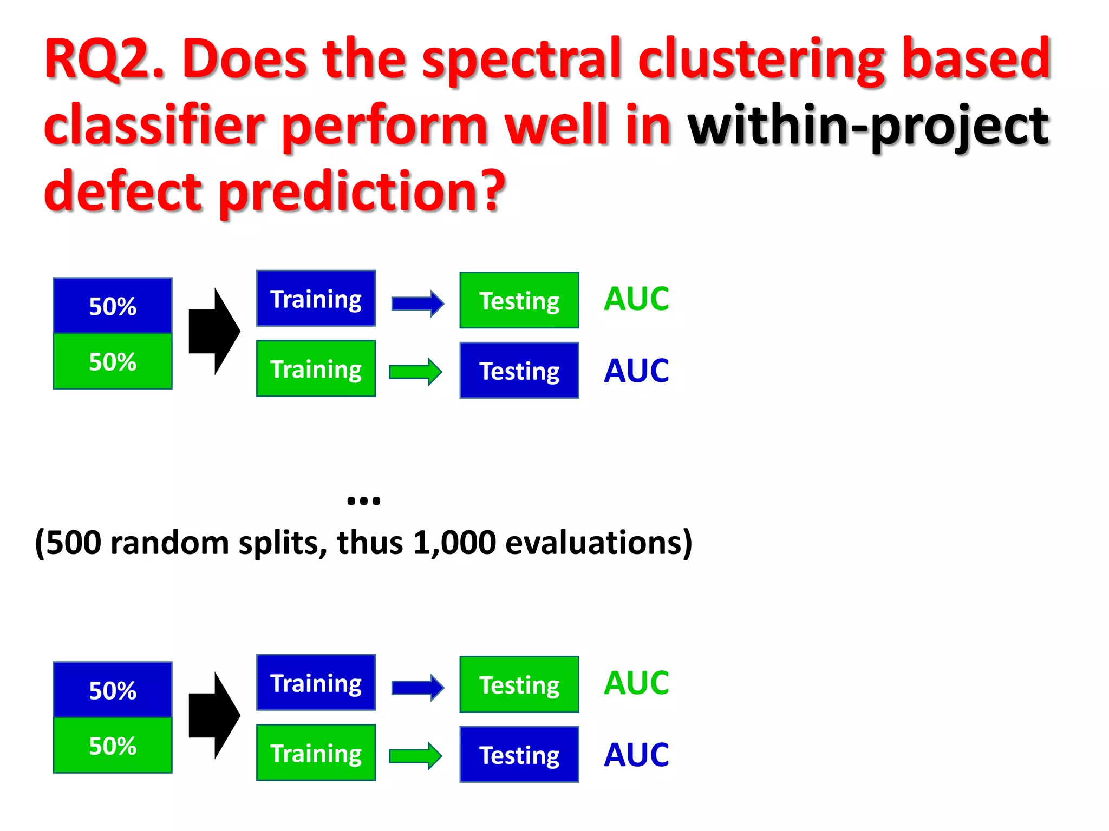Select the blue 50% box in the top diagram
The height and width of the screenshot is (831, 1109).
pyautogui.click(x=113, y=306)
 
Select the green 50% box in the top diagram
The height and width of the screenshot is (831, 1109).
pyautogui.click(x=113, y=361)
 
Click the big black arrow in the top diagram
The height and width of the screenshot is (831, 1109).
pyautogui.click(x=214, y=331)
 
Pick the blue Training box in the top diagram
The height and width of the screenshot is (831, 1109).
pyautogui.click(x=316, y=299)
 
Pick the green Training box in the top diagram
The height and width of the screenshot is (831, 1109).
pyautogui.click(x=316, y=369)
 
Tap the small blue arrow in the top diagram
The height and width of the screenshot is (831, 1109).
pyautogui.click(x=417, y=304)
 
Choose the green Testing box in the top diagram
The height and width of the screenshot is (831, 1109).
pyautogui.click(x=519, y=301)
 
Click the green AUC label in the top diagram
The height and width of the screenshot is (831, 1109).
pyautogui.click(x=636, y=299)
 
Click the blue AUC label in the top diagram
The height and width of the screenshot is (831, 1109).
pyautogui.click(x=636, y=371)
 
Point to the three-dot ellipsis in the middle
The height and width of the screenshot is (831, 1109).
pyautogui.click(x=363, y=500)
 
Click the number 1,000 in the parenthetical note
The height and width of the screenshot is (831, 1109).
pyautogui.click(x=454, y=543)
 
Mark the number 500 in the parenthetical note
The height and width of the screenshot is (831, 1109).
pyautogui.click(x=74, y=543)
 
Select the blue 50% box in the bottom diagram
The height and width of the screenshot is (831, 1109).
pyautogui.click(x=113, y=690)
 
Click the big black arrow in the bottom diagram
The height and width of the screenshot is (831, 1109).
pyautogui.click(x=214, y=715)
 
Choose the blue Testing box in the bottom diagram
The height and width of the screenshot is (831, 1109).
pyautogui.click(x=519, y=755)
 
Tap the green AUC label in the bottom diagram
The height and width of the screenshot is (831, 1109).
pyautogui.click(x=636, y=683)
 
